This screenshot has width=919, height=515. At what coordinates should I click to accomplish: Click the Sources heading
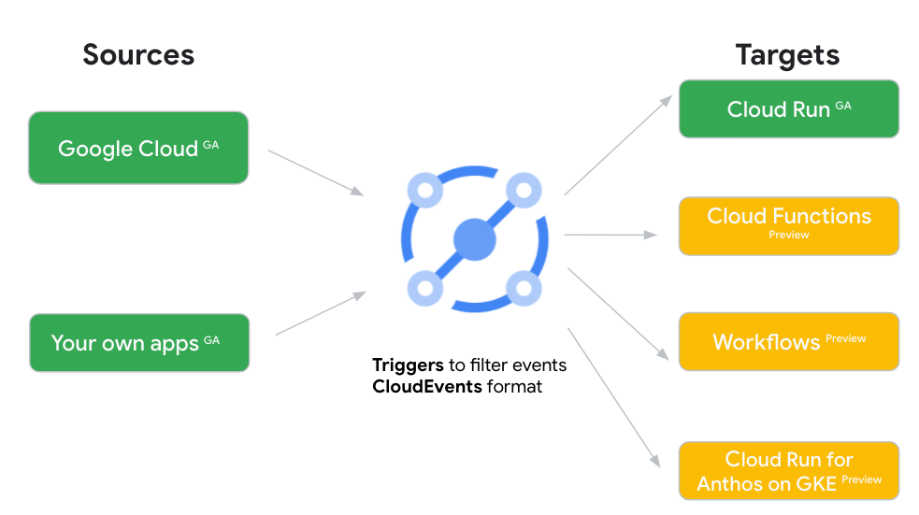pos(138,54)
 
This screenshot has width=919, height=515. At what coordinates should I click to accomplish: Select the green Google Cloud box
pos(138,148)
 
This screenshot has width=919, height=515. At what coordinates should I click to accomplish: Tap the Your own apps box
pos(138,343)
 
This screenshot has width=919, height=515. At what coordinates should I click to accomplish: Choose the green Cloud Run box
pos(788,109)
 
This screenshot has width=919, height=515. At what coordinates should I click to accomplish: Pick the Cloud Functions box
pos(788,225)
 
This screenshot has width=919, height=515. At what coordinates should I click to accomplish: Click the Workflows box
pos(788,341)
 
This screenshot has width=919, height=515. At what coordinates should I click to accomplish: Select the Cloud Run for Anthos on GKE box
pos(788,471)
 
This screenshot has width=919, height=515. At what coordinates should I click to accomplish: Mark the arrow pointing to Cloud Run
pos(618,145)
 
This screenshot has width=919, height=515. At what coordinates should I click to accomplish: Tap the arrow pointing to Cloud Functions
pos(610,235)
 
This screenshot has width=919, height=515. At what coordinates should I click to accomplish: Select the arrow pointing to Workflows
pos(618,314)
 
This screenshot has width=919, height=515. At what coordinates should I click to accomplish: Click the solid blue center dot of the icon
pos(474,239)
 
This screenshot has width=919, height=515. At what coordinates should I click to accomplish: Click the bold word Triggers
pos(408,365)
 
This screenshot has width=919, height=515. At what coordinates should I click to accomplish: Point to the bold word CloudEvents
pos(427,385)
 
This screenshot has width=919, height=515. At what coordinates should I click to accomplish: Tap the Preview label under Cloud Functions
pos(789,236)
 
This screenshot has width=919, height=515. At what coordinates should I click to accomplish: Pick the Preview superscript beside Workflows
pos(845,338)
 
